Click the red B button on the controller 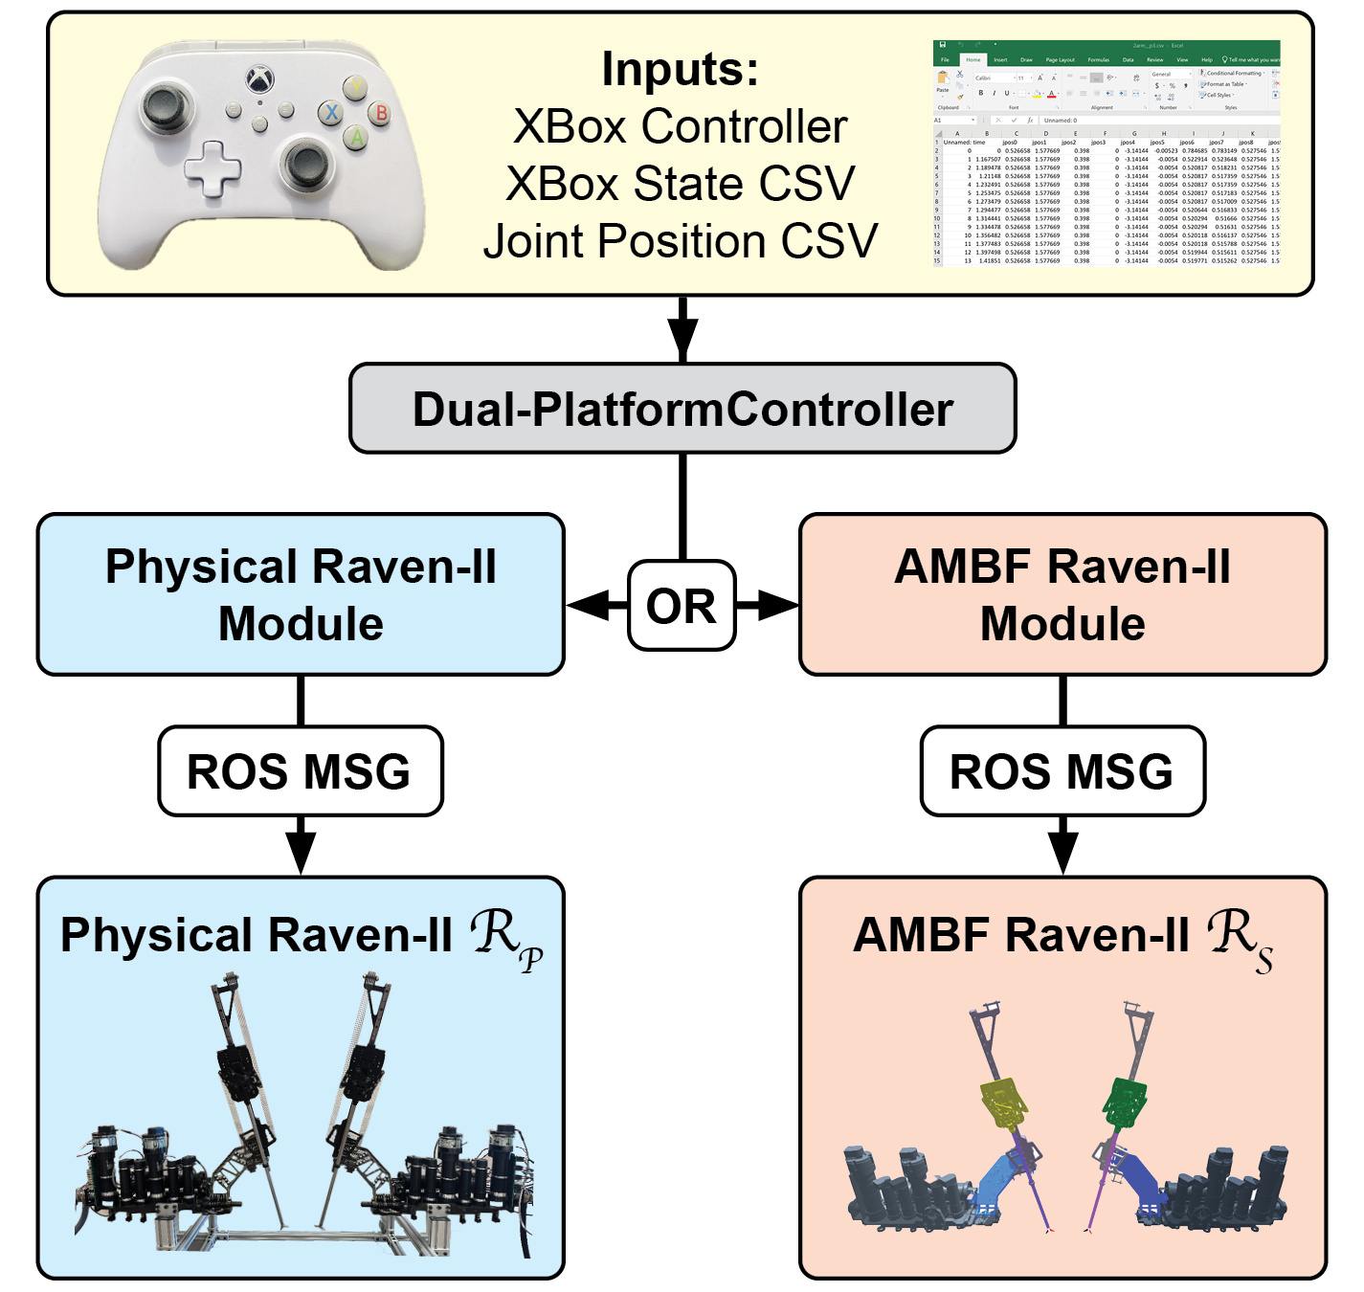(381, 113)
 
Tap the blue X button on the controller (331, 113)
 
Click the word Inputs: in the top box (680, 69)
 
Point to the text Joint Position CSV (680, 241)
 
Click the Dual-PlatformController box (682, 409)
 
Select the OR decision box (682, 606)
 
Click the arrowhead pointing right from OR (779, 605)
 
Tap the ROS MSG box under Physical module (300, 771)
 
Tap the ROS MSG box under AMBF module (1062, 771)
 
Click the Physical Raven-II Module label (301, 594)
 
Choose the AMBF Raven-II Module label (1062, 594)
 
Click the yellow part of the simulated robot (1002, 1104)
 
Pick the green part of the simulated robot (1125, 1101)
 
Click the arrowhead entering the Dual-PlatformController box (682, 341)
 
